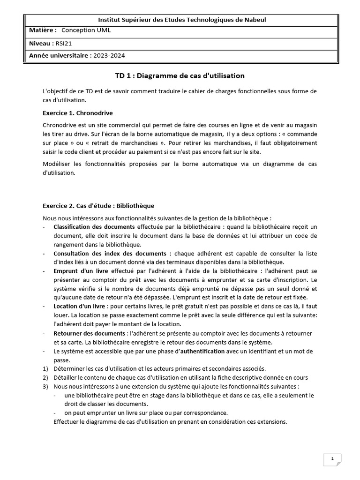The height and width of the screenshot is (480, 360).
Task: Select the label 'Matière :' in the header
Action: point(43,30)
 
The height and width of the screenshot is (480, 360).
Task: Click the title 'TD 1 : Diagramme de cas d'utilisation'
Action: point(180,75)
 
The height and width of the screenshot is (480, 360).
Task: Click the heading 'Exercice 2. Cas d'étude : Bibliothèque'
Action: point(98,205)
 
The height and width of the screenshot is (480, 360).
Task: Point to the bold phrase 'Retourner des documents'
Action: point(89,333)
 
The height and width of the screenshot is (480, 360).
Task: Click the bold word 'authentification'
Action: point(202,351)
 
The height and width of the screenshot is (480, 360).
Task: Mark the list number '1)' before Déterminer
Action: point(45,368)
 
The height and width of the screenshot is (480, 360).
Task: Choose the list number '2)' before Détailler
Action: point(45,377)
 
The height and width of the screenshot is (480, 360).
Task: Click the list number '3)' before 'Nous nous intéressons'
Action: point(45,386)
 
